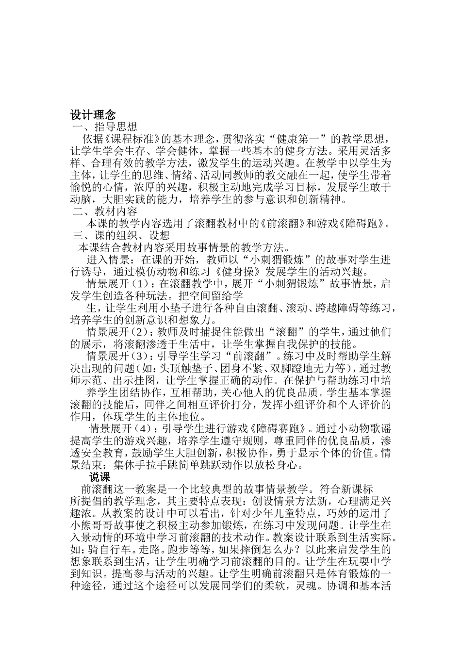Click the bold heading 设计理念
(93, 115)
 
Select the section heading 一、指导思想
(104, 128)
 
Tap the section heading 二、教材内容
(105, 212)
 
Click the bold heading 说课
(100, 477)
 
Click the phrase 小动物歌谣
(357, 429)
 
